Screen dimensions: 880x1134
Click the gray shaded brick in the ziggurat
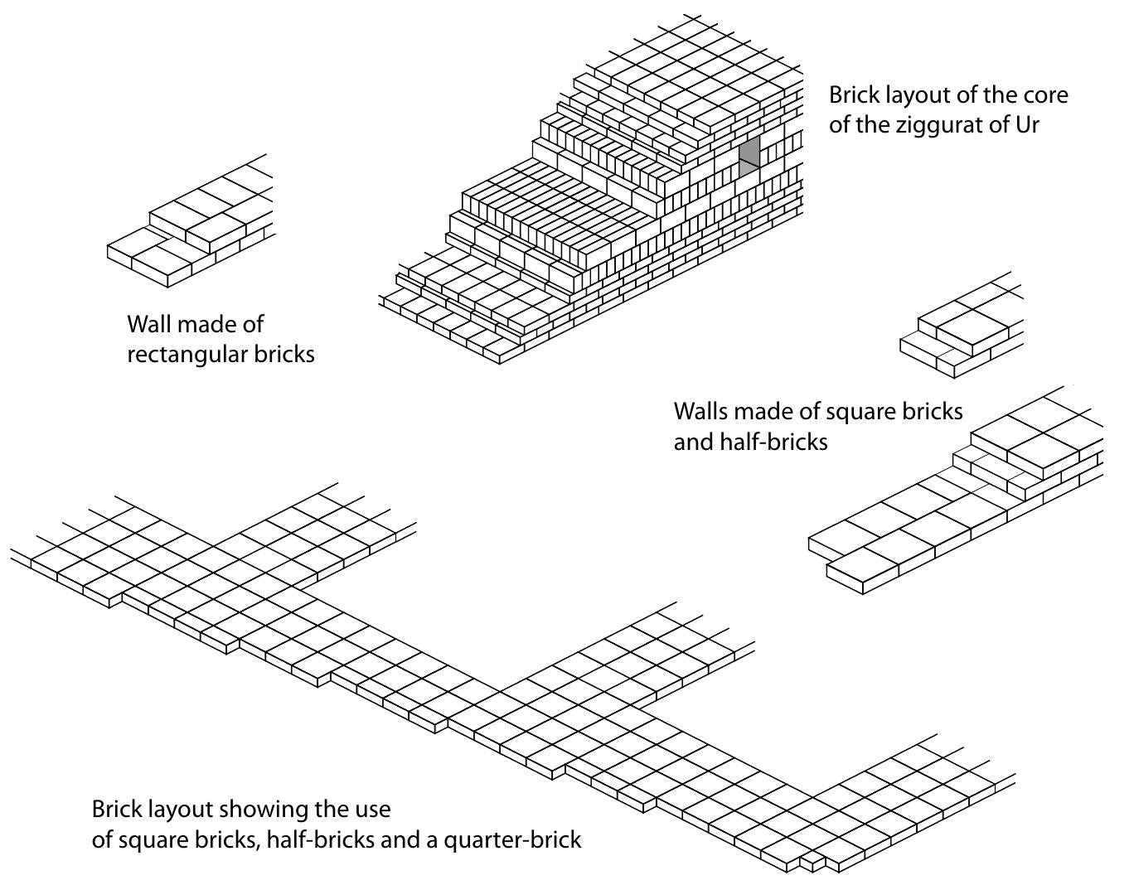(749, 155)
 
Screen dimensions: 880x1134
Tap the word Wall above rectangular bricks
(149, 324)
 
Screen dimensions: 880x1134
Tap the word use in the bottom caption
(372, 809)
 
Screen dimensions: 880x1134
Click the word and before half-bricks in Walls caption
(691, 442)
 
